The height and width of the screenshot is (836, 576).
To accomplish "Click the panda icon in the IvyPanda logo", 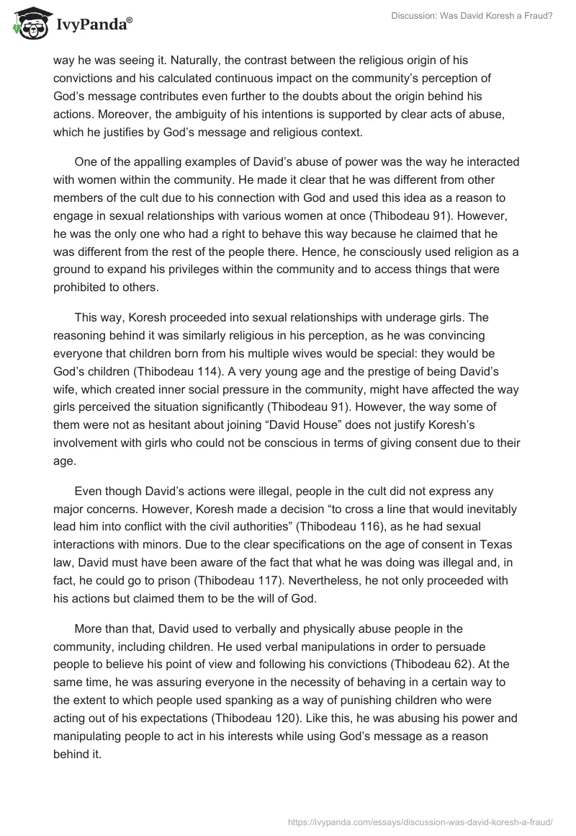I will click(x=27, y=25).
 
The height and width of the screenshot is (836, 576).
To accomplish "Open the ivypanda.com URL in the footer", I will click(x=420, y=821).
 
